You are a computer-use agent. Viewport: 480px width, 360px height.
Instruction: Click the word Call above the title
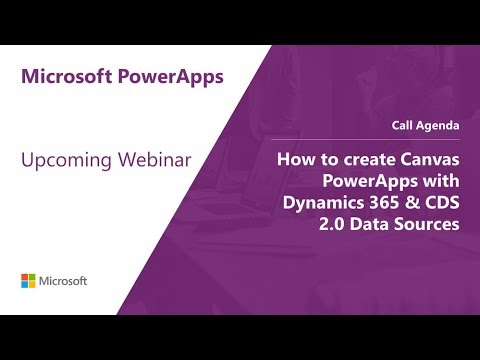405,125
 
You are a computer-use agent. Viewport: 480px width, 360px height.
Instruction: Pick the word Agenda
440,125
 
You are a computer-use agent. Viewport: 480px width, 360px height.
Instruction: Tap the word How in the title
296,160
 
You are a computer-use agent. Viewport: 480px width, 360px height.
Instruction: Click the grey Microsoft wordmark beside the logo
64,279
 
